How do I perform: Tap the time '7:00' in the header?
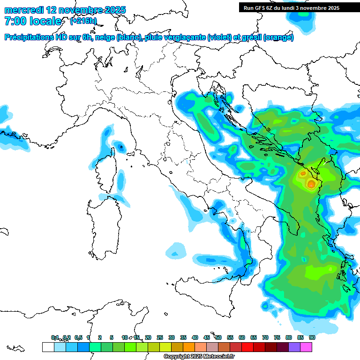click(x=15, y=21)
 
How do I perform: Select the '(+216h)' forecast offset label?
click(x=83, y=21)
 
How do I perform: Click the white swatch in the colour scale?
click(x=48, y=347)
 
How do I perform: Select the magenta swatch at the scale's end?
click(x=306, y=347)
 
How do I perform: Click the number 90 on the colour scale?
click(x=312, y=337)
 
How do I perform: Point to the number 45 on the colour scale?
click(x=207, y=337)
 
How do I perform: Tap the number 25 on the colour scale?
click(x=160, y=337)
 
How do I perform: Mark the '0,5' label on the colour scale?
click(x=78, y=337)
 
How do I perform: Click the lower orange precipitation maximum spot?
click(x=311, y=184)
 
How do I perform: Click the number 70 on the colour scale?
click(x=265, y=337)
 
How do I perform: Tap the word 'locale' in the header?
click(x=45, y=21)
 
